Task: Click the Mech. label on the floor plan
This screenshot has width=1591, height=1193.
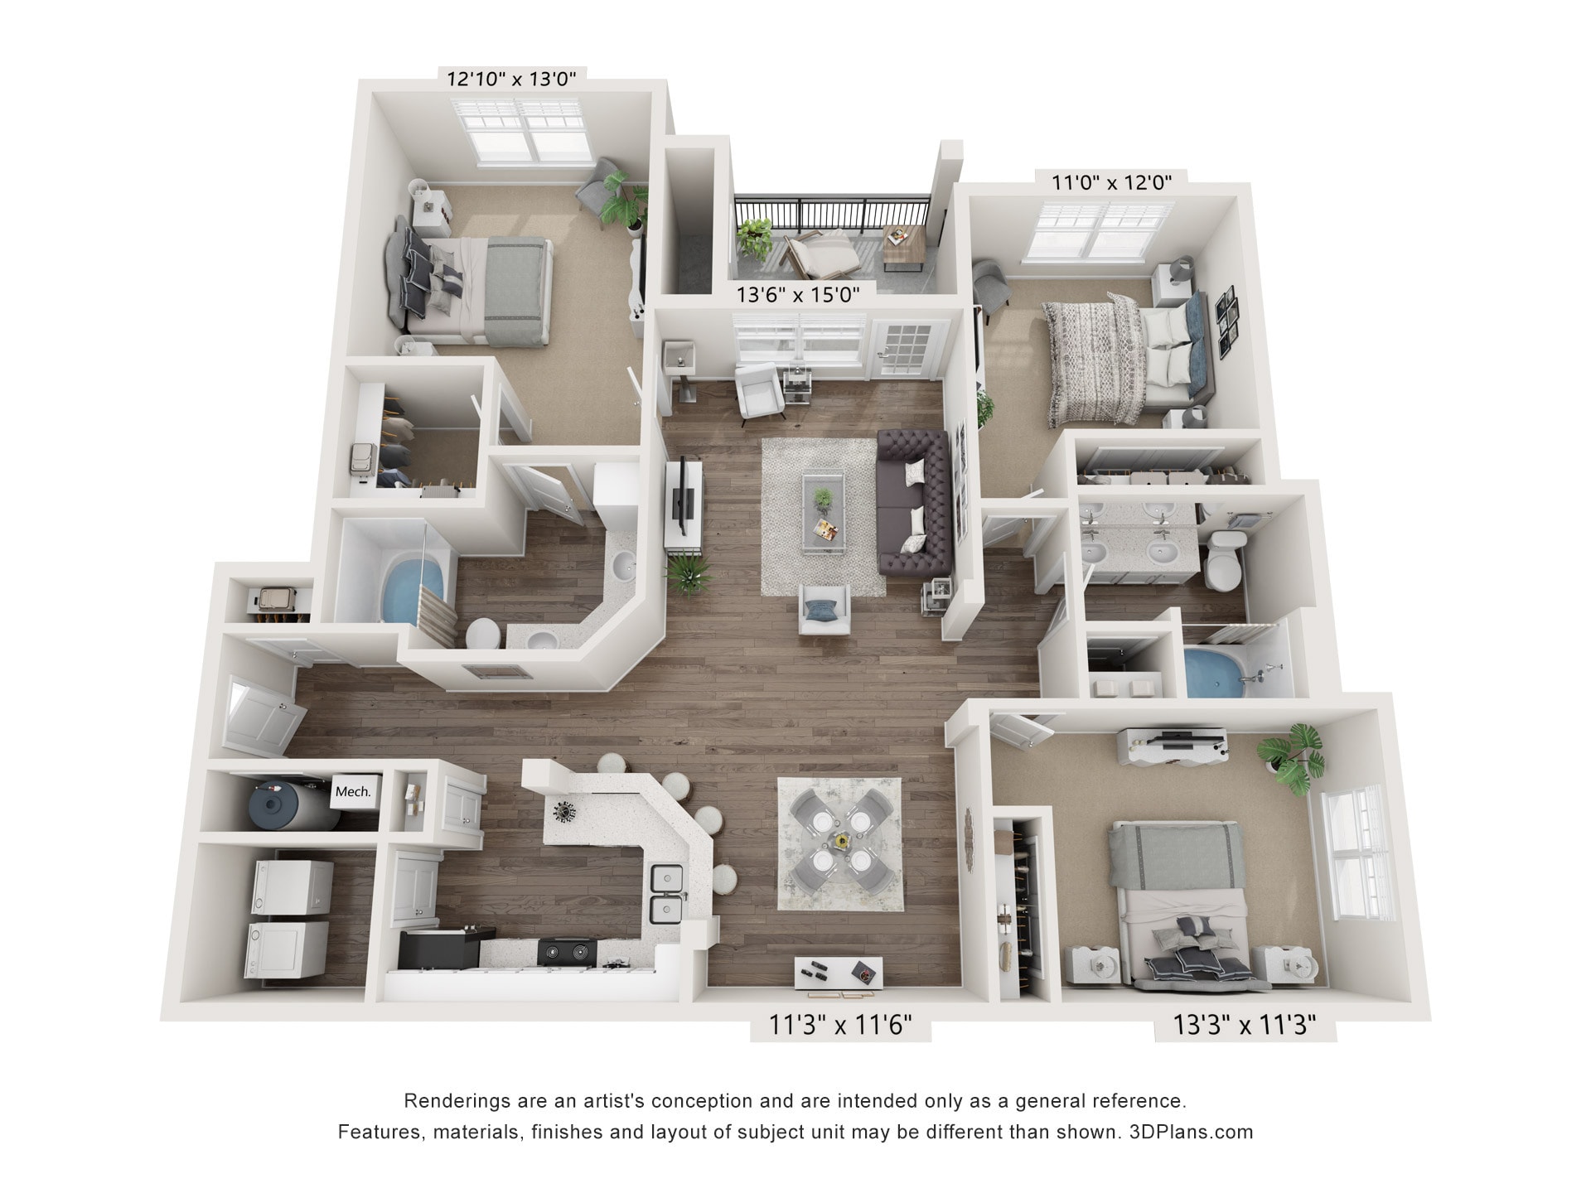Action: pyautogui.click(x=352, y=791)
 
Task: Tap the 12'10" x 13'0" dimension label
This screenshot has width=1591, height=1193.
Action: pyautogui.click(x=511, y=80)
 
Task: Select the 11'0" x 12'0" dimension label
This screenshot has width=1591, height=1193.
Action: pyautogui.click(x=1112, y=182)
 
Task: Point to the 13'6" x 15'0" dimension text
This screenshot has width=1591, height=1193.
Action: pyautogui.click(x=798, y=294)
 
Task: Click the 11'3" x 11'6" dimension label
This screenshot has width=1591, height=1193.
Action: pyautogui.click(x=840, y=1026)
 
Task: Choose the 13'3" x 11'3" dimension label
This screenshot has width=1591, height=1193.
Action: pyautogui.click(x=1245, y=1026)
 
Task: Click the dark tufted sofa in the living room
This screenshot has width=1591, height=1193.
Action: pyautogui.click(x=915, y=503)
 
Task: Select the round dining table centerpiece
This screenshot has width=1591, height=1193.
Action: pyautogui.click(x=841, y=842)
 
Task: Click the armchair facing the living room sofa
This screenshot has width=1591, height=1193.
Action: pyautogui.click(x=823, y=610)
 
